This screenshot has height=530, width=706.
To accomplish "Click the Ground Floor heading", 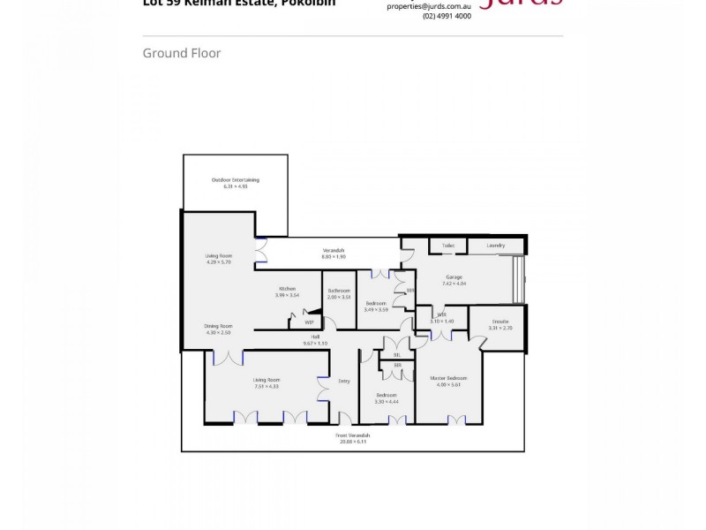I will pos(182,53).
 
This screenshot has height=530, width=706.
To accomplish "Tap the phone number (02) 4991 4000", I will pos(447,16).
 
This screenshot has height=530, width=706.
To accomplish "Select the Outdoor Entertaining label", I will pos(235,179).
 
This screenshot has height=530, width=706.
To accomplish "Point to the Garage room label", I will pos(454,277).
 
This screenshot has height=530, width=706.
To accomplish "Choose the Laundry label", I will pos(495,245).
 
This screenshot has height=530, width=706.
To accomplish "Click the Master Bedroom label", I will pos(449,377).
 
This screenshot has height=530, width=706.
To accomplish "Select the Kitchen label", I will pos(287,288).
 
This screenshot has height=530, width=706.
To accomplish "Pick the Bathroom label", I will pos(339,291).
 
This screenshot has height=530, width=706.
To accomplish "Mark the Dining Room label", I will pos(218,325).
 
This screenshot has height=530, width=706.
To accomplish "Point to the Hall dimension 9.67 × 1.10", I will pos(314,343).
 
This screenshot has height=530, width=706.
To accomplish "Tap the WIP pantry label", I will pos(309,322).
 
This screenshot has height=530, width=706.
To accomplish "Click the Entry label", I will pos(343,381).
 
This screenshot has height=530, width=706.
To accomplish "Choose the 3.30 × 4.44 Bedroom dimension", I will pos(387,401).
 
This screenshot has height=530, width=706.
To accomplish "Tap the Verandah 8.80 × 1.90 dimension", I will pos(333,256).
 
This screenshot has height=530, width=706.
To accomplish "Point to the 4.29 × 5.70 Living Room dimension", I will pos(217,262).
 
